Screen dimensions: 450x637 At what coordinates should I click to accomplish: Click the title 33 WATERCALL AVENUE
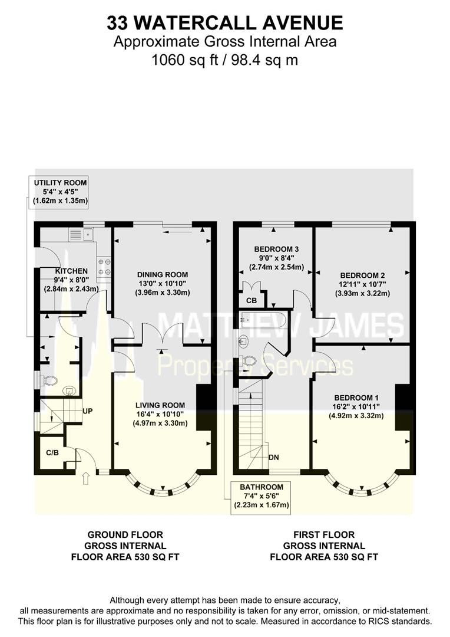point(225,23)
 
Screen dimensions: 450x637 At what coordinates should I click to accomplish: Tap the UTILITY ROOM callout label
point(61,183)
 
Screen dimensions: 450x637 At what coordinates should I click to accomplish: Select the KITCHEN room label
point(71,271)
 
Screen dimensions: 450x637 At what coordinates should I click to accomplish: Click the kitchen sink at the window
point(81,234)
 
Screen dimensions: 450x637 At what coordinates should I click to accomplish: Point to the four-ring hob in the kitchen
point(104,267)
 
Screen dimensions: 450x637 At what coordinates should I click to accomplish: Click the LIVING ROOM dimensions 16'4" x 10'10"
point(160,414)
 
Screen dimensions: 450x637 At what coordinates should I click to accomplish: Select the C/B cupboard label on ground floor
point(52,452)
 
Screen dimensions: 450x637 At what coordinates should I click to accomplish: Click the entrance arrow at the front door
point(85,478)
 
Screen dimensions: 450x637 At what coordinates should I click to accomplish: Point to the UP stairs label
point(87,411)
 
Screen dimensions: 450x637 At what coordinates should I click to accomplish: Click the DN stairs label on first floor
point(273,458)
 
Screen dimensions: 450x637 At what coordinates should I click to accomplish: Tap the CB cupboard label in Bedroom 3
point(252,301)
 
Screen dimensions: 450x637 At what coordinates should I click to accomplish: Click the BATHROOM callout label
point(262,487)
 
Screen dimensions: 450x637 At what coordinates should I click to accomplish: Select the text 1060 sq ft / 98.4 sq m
point(225,60)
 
